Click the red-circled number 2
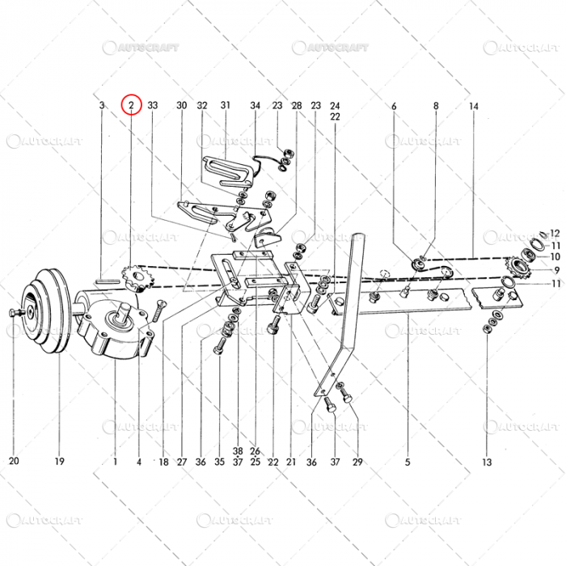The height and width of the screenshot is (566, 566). point(131,106)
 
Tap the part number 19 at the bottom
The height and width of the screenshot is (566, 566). point(59,463)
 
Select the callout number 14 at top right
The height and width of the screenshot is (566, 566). point(474,107)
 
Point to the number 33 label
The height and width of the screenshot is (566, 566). point(153,106)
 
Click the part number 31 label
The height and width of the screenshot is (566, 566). point(226,106)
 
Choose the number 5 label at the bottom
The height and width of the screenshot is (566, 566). point(408,463)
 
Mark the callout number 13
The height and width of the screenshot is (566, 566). point(486,463)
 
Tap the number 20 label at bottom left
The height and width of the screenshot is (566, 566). point(14,463)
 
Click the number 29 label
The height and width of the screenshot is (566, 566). point(357,463)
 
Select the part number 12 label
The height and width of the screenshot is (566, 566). point(555,232)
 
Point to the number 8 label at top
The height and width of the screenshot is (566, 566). point(436,107)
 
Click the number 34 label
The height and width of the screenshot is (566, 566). point(255,106)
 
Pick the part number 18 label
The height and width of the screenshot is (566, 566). point(163,463)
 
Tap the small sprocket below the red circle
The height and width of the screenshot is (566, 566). point(130,279)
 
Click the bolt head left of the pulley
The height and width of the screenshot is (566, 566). point(12,312)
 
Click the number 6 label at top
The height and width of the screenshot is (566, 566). point(395,107)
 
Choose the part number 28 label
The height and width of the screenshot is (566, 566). point(297,106)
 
